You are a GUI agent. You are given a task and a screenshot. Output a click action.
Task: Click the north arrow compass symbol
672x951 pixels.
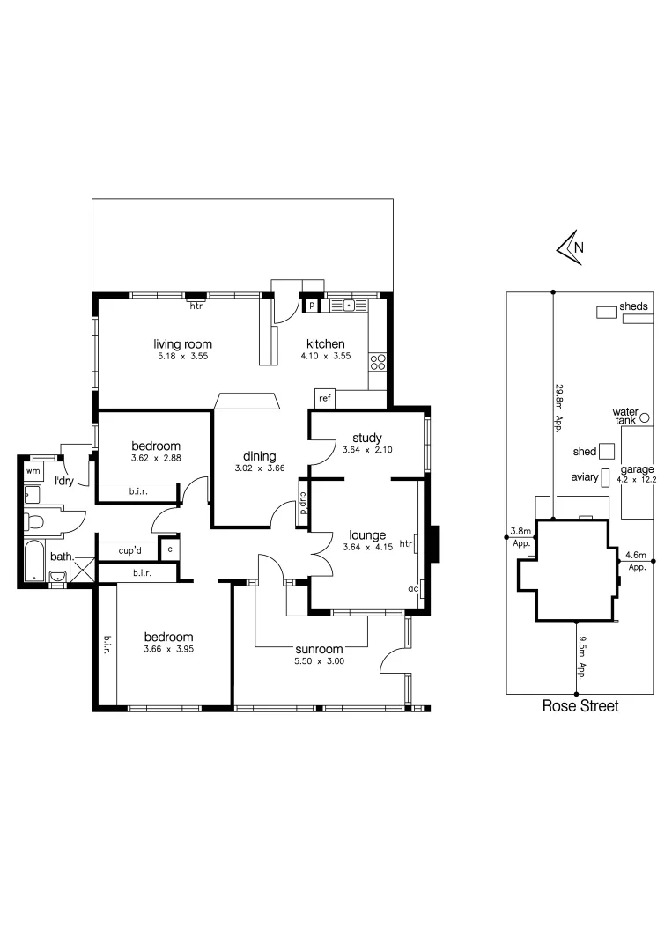568,247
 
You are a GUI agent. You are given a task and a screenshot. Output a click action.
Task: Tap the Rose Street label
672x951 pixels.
580,706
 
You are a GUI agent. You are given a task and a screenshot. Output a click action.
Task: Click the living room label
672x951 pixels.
183,344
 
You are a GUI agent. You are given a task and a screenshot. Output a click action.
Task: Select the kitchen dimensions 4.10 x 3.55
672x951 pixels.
325,357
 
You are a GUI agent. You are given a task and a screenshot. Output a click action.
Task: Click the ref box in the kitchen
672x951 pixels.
324,398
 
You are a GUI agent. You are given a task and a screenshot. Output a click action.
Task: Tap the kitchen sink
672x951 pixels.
350,306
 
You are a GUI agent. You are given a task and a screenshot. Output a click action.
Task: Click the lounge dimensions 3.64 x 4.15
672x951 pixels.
366,547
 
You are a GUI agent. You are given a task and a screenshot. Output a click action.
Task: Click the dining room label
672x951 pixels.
261,456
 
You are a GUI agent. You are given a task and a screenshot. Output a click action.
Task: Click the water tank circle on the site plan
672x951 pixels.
644,417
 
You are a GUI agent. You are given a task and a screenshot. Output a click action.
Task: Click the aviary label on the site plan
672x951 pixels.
585,478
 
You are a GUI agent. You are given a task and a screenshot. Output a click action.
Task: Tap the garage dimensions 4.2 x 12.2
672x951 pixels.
637,480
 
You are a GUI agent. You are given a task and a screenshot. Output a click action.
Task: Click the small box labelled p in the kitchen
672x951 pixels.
311,306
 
